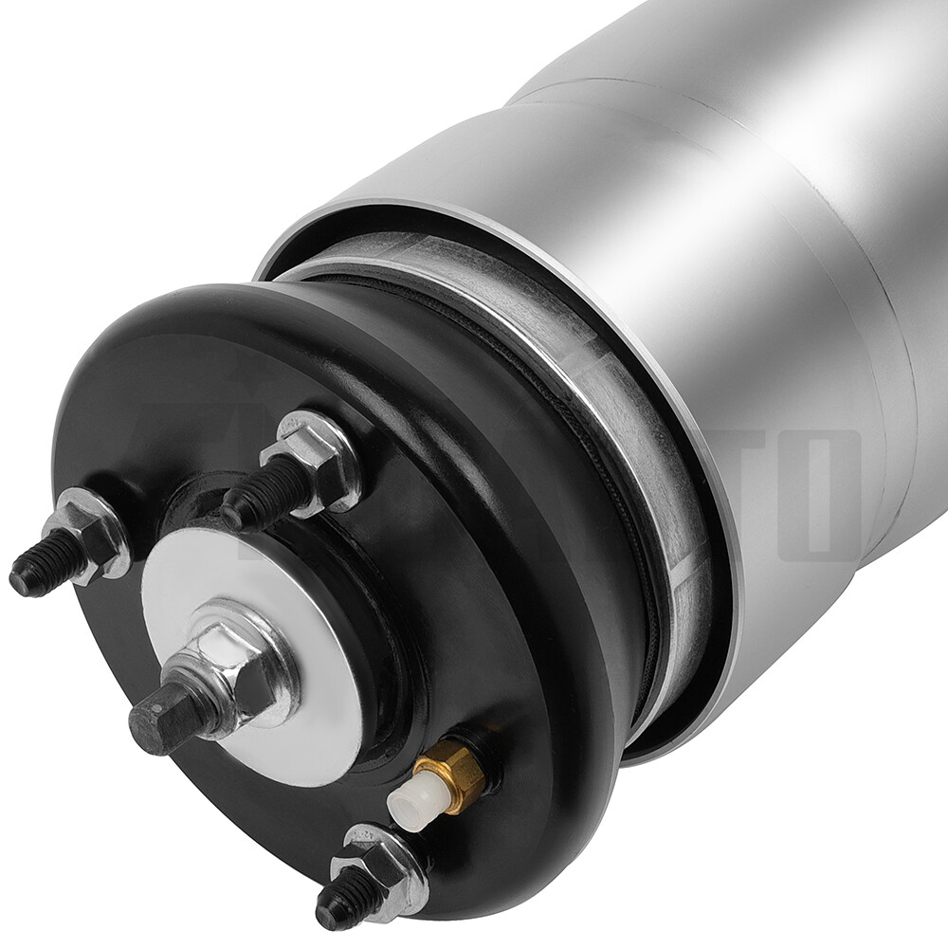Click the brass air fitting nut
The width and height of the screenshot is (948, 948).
(455, 775)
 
